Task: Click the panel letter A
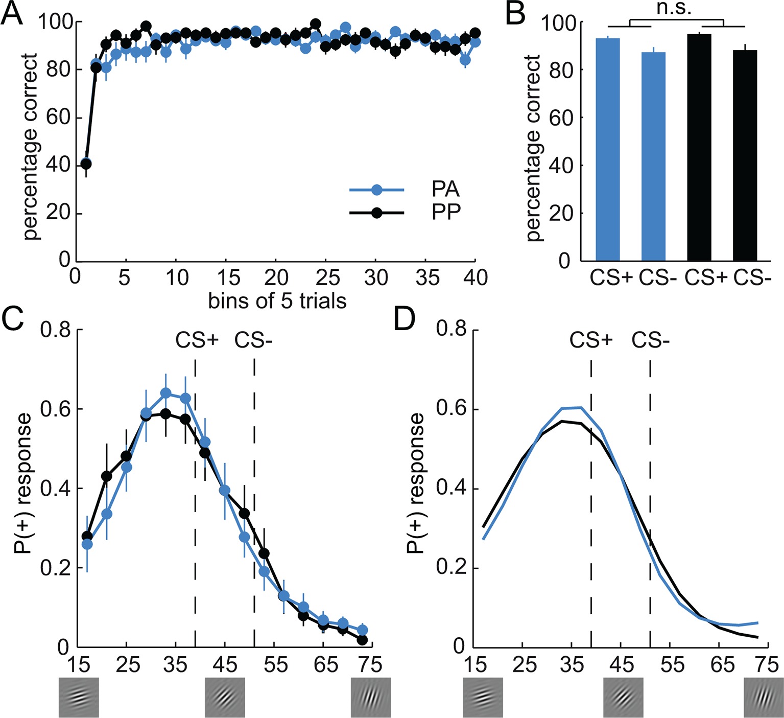[x=13, y=14]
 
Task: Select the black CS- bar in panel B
[x=745, y=155]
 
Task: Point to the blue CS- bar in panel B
[x=653, y=156]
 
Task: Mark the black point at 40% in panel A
[x=86, y=164]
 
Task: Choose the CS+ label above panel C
[x=197, y=340]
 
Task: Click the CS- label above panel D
[x=650, y=340]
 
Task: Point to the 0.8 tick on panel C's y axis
[x=55, y=330]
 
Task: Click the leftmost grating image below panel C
[x=79, y=697]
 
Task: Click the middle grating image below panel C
[x=225, y=697]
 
